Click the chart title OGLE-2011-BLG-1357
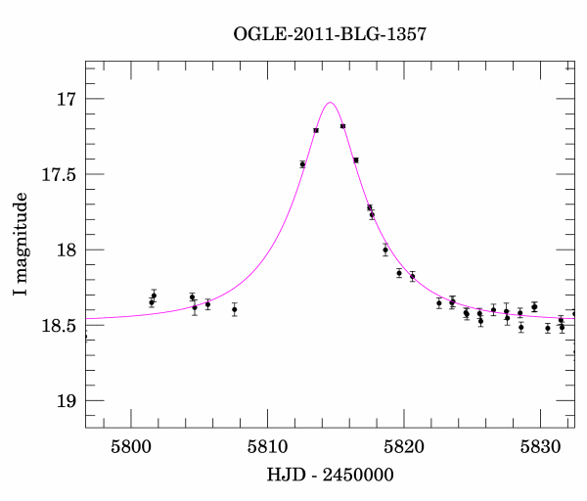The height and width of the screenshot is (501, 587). click(x=330, y=34)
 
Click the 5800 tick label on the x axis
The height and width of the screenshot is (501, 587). click(x=131, y=446)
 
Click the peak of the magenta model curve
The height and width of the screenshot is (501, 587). click(x=330, y=102)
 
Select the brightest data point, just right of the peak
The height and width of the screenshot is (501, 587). click(x=342, y=126)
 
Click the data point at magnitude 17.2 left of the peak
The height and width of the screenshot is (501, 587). click(x=316, y=130)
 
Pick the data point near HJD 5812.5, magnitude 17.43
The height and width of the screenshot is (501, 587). click(x=302, y=164)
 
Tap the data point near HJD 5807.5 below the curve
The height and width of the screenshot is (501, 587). click(x=235, y=309)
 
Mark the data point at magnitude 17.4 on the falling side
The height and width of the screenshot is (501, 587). click(x=356, y=159)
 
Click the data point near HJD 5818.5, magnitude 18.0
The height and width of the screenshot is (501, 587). click(x=385, y=250)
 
